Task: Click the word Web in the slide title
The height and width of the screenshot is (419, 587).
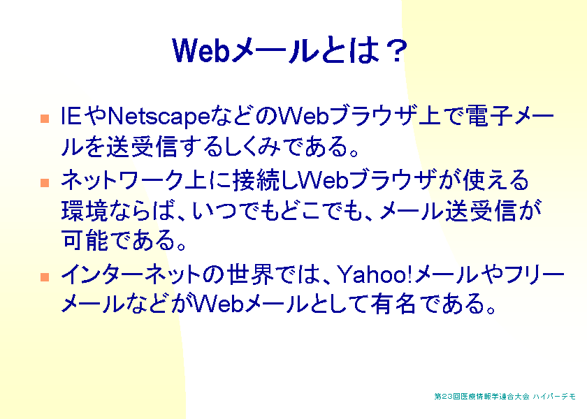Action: pos(201,50)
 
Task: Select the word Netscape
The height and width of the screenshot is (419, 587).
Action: pos(159,117)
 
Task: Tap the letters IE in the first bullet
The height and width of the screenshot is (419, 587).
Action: pos(71,116)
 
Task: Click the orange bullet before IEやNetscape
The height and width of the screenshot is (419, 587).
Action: pos(45,119)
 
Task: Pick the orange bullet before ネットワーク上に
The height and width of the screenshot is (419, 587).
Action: pos(45,182)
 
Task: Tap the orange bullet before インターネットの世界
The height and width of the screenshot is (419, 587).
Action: pos(45,277)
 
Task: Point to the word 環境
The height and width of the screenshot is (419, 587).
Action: pos(85,211)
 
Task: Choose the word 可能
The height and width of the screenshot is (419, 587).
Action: pos(85,240)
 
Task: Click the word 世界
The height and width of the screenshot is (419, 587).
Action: pos(252,274)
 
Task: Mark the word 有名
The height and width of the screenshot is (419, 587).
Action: pos(393,303)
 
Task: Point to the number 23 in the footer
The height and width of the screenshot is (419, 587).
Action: pos(448,397)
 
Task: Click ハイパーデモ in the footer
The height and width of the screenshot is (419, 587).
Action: pos(554,397)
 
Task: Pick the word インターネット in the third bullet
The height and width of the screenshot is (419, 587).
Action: pos(131,274)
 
